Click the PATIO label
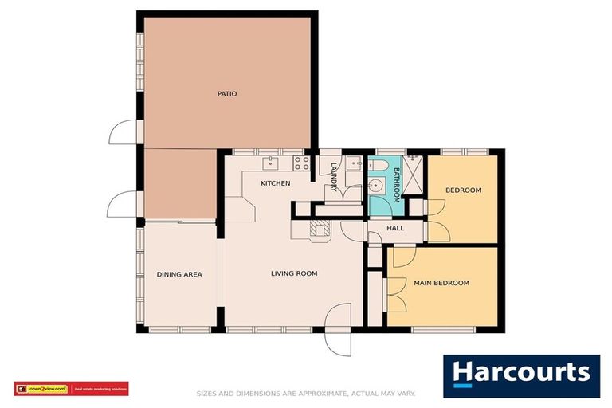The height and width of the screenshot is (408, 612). click(227, 94)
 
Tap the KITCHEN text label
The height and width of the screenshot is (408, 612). click(275, 183)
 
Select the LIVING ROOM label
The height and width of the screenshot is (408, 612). click(294, 273)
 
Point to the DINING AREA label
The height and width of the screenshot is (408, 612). click(179, 274)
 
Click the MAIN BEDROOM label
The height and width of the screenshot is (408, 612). click(441, 283)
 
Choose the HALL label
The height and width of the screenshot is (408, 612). click(395, 228)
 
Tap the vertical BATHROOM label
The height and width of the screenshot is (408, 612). click(396, 182)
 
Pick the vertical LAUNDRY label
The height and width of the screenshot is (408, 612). click(334, 176)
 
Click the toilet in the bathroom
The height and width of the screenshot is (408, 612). click(379, 166)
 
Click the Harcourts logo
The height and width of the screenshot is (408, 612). click(521, 373)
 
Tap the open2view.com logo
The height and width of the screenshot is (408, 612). click(41, 389)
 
